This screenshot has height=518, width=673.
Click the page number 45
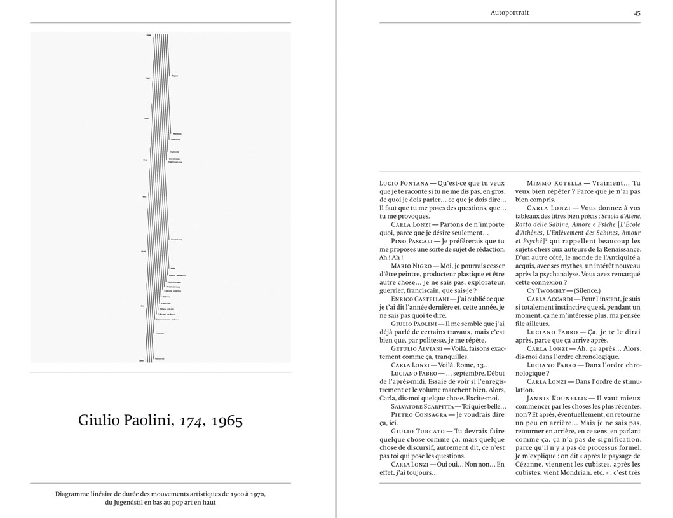637,12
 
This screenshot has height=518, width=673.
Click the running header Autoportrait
510,12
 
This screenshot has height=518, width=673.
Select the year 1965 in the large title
227,421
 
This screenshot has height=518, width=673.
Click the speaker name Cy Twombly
543,290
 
